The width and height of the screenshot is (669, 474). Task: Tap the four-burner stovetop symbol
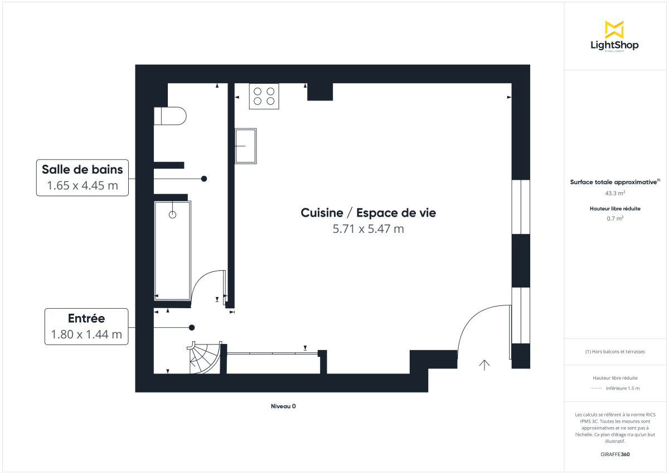(x=264, y=96)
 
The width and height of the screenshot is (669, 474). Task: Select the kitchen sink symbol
(x=246, y=146)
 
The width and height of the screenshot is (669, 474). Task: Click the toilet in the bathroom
(x=169, y=116)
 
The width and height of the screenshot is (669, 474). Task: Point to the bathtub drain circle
(x=172, y=214)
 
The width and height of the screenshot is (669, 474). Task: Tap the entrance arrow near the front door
(x=484, y=365)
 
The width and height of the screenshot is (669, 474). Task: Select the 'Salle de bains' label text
(x=82, y=169)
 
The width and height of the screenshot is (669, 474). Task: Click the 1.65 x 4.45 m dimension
(x=83, y=185)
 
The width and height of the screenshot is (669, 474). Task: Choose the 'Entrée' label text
(x=86, y=318)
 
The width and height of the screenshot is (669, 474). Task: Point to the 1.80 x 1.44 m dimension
(x=86, y=334)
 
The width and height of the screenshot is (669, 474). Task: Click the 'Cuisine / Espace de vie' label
(x=368, y=213)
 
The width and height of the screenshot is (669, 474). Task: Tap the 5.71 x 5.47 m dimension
(x=368, y=229)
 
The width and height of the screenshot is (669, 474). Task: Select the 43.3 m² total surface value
(x=615, y=193)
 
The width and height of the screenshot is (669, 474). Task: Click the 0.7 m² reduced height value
(x=615, y=218)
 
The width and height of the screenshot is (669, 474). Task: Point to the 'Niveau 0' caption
(x=283, y=406)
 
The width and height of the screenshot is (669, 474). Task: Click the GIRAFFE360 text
(x=615, y=454)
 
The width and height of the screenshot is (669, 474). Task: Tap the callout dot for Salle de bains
(x=204, y=179)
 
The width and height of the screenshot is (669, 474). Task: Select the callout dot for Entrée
(x=192, y=327)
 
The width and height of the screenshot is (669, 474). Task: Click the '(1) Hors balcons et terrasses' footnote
(x=615, y=352)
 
